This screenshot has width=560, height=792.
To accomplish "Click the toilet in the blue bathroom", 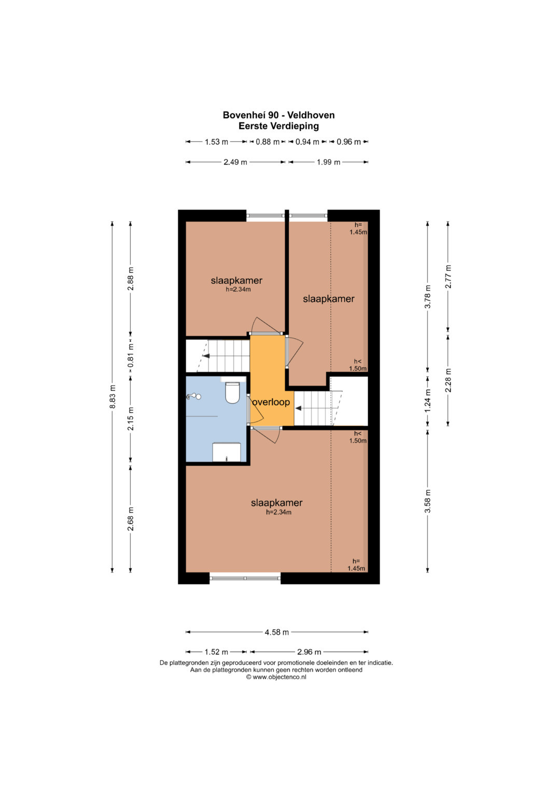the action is coord(232,393).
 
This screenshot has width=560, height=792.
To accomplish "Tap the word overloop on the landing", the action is coord(271,402).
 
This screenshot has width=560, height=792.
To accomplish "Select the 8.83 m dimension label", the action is coord(113,396).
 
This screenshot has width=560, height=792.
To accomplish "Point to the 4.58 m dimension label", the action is coord(277,632).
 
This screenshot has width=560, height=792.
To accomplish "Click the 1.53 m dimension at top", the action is coord(216,142).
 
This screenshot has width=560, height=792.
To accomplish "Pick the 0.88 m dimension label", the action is coord(268,142).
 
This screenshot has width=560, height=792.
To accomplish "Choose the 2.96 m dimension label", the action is coord(309,651).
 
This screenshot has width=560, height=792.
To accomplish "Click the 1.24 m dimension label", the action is coord(428,400).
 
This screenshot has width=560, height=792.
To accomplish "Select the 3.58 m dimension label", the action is coord(428,502).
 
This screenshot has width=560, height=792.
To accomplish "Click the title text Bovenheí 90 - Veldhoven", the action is coord(278,115).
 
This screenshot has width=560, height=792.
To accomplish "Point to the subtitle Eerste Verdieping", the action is coord(278,126).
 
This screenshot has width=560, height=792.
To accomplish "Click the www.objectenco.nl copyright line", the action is coord(276,677).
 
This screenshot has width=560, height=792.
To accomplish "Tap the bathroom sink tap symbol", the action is coord(194,397).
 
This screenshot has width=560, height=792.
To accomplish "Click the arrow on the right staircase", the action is coord(298,408).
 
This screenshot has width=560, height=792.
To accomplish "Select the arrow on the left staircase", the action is coord(206,356).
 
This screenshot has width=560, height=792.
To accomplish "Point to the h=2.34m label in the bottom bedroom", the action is coord(278,512).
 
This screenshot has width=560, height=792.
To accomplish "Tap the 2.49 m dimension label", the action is coord(235,162).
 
